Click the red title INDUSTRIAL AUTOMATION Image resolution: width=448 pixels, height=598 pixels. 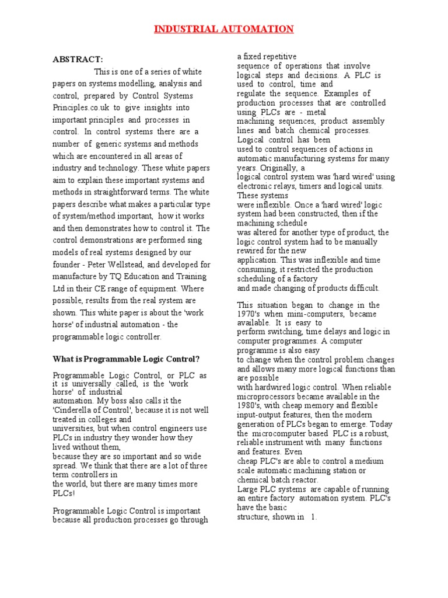click(x=224, y=29)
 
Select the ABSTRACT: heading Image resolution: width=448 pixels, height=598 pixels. click(x=78, y=60)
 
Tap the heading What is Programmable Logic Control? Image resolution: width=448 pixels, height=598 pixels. click(x=126, y=359)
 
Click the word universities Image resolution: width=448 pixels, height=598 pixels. click(x=74, y=429)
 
